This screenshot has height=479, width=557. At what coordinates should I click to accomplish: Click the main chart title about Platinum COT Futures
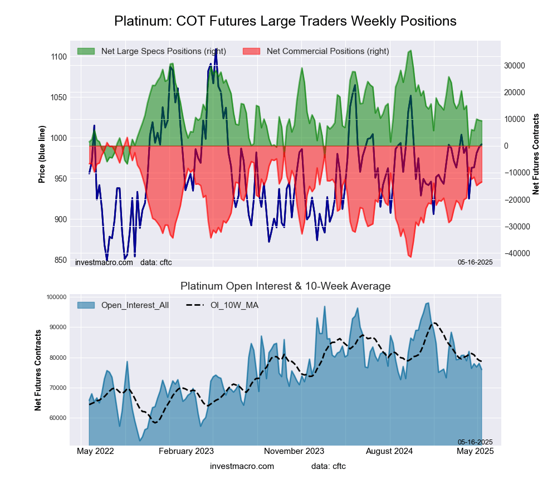point(285,21)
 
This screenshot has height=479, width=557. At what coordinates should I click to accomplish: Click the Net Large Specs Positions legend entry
point(163,51)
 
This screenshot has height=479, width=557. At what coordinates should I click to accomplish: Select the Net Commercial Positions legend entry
point(328,51)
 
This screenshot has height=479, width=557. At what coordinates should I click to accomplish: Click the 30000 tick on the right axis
point(515,65)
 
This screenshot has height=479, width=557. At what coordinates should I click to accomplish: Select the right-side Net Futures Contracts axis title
point(536,154)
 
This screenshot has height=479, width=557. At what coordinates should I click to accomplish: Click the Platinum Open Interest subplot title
point(285,286)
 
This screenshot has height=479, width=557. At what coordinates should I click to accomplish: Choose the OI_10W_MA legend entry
point(234,305)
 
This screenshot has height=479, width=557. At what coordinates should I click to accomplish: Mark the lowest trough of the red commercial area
point(410,257)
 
